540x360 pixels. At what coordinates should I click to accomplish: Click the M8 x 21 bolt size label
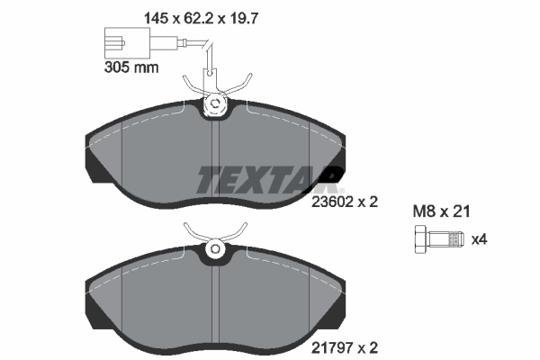click(x=442, y=212)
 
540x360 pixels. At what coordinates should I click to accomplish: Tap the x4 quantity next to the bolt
click(x=480, y=239)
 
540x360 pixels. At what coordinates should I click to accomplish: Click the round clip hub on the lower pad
click(x=216, y=248)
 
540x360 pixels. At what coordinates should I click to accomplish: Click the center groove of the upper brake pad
click(x=216, y=157)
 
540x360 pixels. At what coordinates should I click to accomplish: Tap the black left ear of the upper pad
click(x=93, y=157)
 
